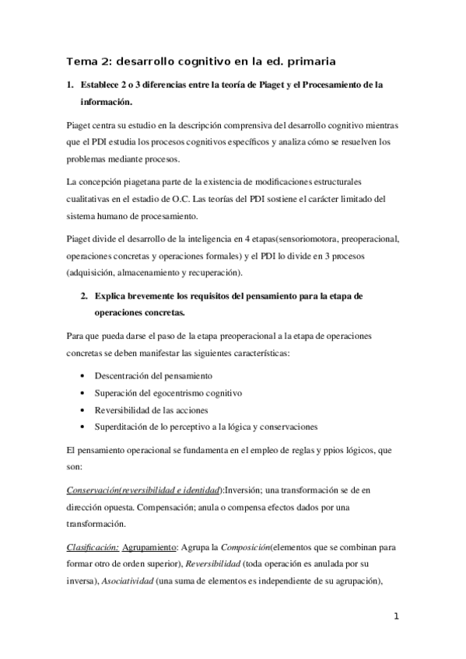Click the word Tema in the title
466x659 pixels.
tap(80, 61)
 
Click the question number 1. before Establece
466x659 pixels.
tap(71, 84)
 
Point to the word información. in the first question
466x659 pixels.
tap(107, 102)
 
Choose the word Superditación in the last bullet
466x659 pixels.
tap(123, 427)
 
